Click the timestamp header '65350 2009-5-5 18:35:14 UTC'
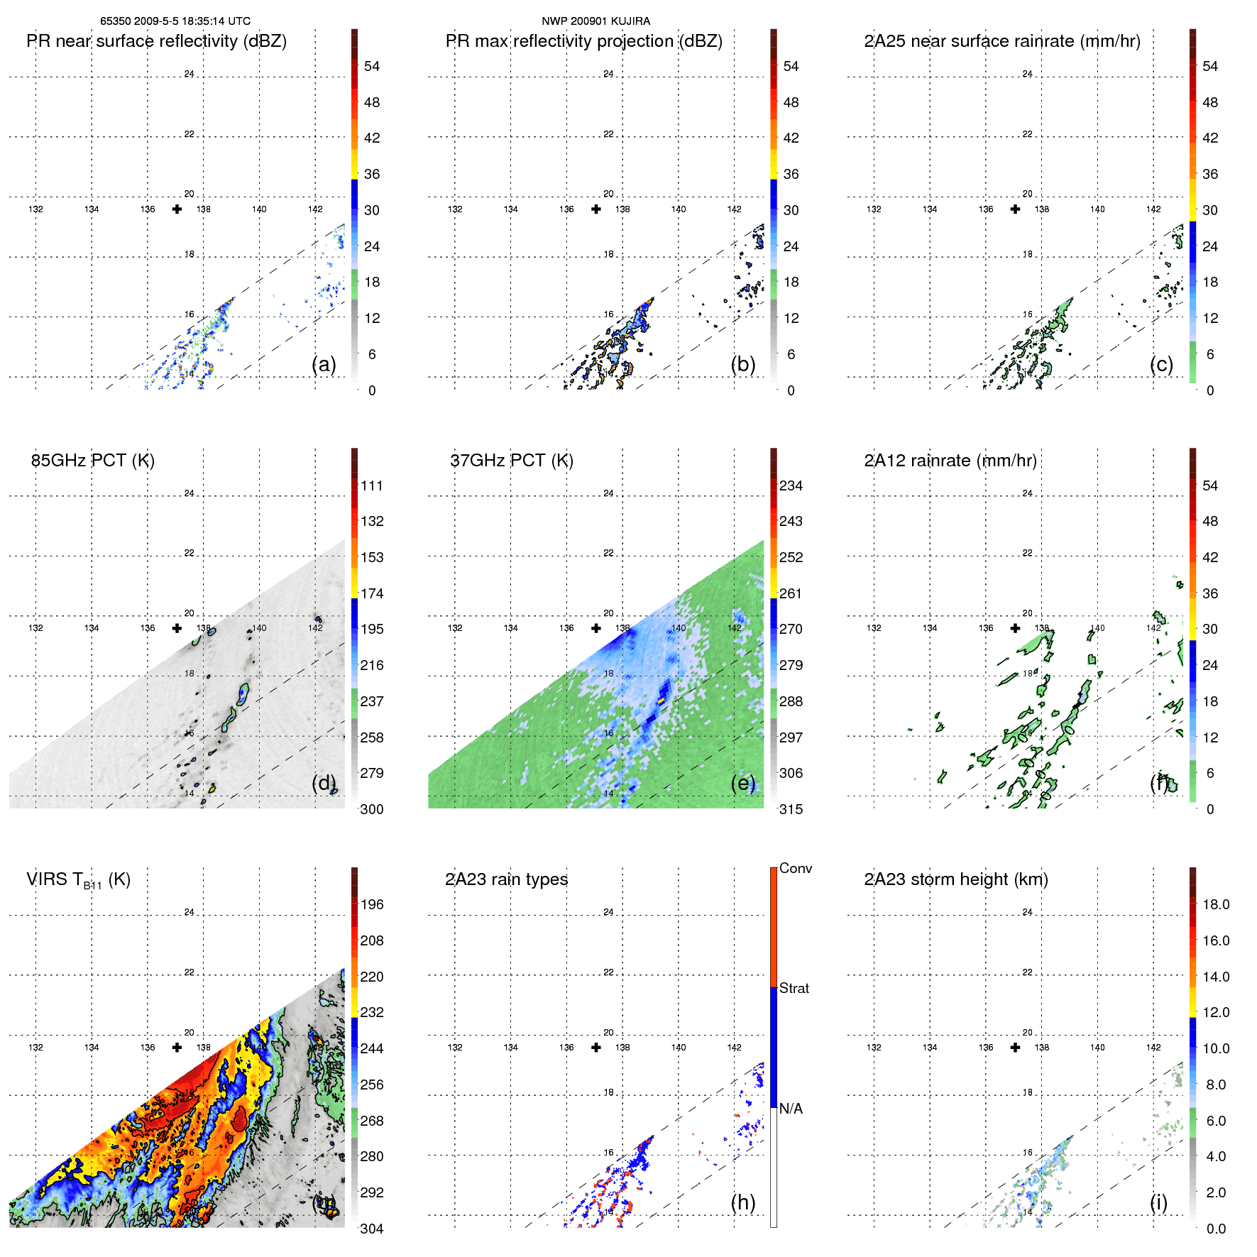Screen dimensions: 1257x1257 (x=175, y=21)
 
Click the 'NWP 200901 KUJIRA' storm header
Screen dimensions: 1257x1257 (x=595, y=21)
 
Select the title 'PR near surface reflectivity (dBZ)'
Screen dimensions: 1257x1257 (x=156, y=41)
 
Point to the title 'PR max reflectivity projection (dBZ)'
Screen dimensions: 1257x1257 (x=583, y=41)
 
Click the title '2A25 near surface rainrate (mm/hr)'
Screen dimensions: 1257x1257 (x=1002, y=41)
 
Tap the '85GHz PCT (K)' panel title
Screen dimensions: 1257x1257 (x=93, y=461)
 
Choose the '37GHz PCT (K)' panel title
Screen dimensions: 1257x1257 (x=512, y=461)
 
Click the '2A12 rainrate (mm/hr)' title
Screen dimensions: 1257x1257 (x=950, y=461)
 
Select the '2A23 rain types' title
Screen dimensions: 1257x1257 (x=506, y=879)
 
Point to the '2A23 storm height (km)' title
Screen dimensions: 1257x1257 (x=956, y=879)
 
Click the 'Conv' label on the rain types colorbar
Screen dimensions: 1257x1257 (x=796, y=868)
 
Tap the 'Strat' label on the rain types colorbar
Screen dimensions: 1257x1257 (x=794, y=988)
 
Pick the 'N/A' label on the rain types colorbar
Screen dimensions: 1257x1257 (x=791, y=1109)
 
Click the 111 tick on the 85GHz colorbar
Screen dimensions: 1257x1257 (x=372, y=485)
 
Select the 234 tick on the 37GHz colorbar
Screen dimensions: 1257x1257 (x=791, y=485)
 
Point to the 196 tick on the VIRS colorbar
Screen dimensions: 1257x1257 (x=372, y=904)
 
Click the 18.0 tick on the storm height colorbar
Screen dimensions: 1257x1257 (x=1216, y=904)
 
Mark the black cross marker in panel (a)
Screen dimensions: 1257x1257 (x=177, y=209)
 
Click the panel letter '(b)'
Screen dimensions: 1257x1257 (x=743, y=364)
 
